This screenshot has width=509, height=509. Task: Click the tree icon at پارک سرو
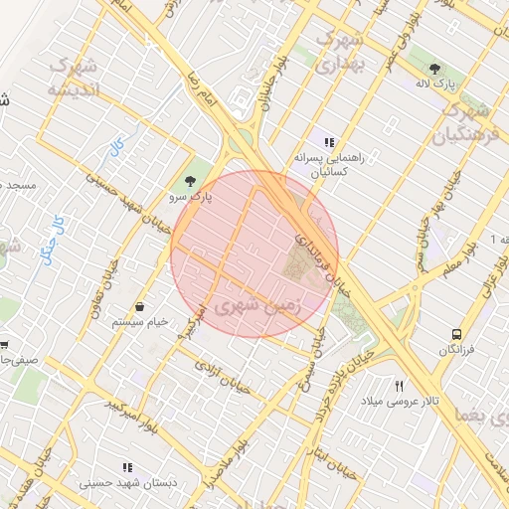pos(190,180)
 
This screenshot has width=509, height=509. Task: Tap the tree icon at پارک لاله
pos(433,68)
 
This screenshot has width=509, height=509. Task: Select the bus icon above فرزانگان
pos(456,334)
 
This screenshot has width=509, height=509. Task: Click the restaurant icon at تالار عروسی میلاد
pos(400,385)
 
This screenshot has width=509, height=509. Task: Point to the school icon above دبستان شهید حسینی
pos(126,466)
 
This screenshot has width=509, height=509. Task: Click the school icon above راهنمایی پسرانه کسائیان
pos(329,141)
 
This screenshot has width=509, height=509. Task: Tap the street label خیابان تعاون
pos(103,288)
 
